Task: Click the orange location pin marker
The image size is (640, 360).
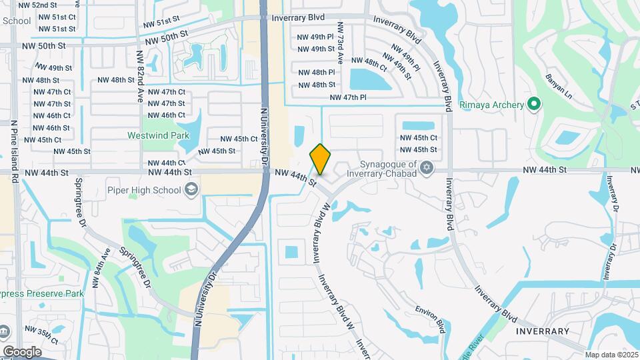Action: point(321,159)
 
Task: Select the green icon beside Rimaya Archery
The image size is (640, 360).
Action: point(533,104)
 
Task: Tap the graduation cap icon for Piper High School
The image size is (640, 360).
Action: point(192,190)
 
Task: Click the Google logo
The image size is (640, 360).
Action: point(22,351)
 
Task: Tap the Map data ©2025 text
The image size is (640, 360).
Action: point(610,355)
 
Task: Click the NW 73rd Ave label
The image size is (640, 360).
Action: point(340,44)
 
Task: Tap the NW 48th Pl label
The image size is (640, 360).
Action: point(316,72)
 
